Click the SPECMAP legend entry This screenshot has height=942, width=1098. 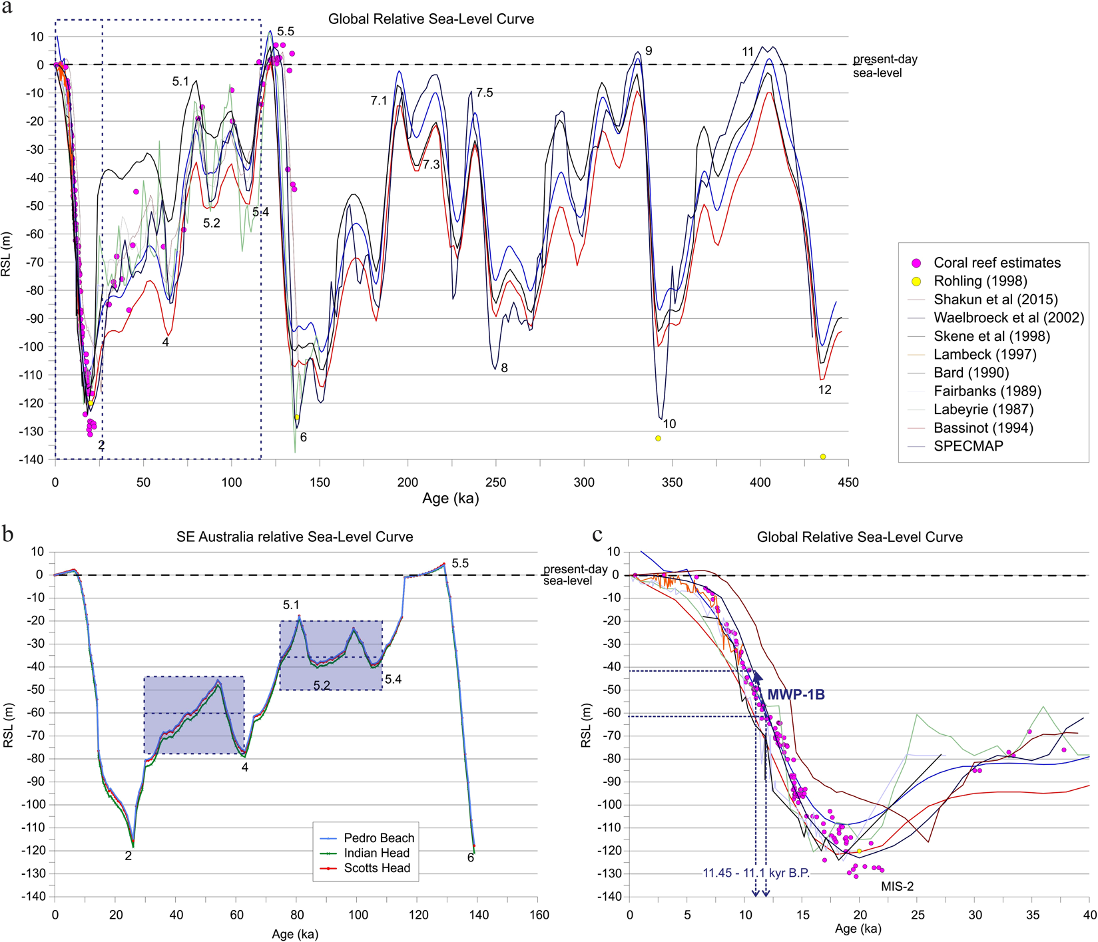(x=967, y=446)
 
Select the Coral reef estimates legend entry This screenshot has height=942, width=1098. (x=997, y=262)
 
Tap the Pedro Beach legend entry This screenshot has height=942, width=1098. (x=378, y=838)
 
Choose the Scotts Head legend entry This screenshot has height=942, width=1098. (x=376, y=868)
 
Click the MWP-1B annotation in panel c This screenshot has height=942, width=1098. (x=796, y=695)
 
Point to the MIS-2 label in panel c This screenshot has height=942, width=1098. (x=897, y=887)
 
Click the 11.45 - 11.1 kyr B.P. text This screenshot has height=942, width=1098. (x=756, y=873)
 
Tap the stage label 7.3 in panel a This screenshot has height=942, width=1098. (x=431, y=164)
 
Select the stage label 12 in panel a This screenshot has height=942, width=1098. (x=824, y=390)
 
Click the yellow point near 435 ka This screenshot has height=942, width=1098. (x=823, y=457)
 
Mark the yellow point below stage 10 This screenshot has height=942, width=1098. (x=658, y=438)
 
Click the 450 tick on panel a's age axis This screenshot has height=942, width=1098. (x=848, y=482)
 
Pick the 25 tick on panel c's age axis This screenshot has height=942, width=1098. (x=918, y=915)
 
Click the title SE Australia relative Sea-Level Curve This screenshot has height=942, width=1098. (x=294, y=537)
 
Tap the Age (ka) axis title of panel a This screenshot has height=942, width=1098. (x=451, y=499)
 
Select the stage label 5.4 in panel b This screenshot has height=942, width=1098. (x=393, y=679)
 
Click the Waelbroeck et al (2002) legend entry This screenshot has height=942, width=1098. (x=1008, y=318)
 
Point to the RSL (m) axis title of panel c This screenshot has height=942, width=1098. (x=586, y=725)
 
